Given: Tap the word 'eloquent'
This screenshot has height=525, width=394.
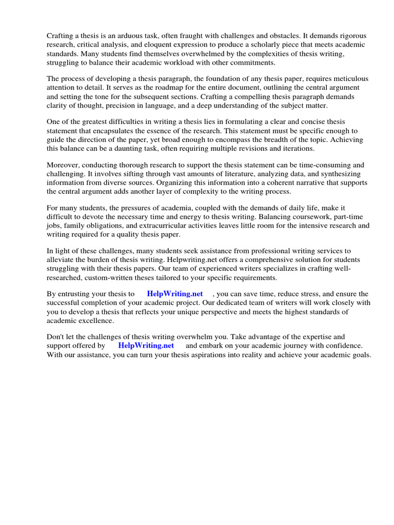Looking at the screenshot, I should point(144,45).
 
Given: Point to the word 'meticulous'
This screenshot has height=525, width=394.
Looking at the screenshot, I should point(350,79).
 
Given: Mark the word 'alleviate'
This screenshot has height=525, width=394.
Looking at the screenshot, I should point(62,260).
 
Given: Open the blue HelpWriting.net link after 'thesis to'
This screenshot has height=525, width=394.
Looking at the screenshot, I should point(175,294).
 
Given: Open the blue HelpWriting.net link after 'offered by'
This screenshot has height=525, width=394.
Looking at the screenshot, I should point(146,346).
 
